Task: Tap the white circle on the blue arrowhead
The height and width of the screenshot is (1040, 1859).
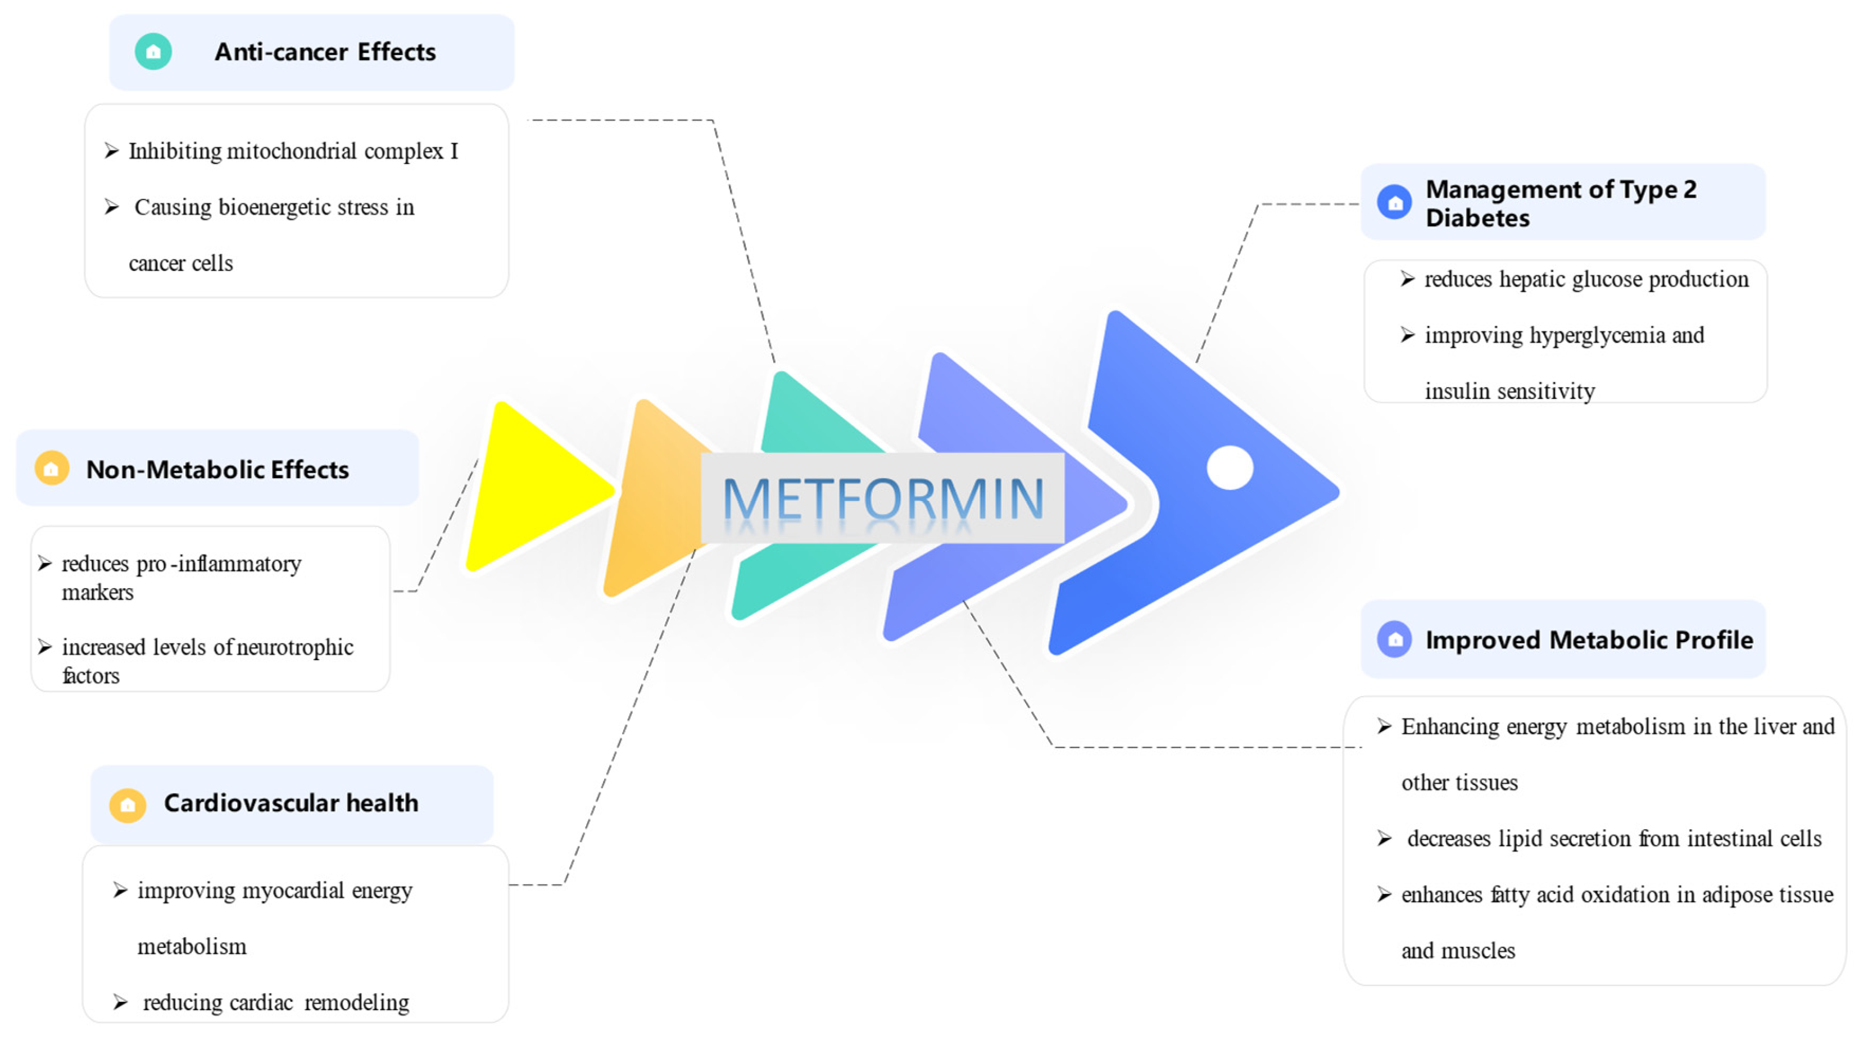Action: click(1230, 467)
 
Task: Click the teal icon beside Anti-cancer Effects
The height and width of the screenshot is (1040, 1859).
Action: click(153, 52)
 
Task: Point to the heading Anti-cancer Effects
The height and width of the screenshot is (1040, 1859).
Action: click(325, 52)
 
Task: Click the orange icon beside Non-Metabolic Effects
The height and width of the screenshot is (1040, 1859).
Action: click(51, 469)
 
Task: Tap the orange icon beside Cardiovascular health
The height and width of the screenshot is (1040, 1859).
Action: click(128, 805)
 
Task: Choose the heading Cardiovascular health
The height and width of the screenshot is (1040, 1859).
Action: click(291, 802)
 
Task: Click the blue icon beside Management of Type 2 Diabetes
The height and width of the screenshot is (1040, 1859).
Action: click(1394, 203)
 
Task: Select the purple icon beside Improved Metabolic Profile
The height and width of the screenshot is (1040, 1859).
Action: click(1394, 639)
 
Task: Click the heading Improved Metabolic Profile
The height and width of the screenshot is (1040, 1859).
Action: click(1589, 640)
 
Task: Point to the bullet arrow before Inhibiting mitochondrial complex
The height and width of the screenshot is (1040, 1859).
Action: click(111, 150)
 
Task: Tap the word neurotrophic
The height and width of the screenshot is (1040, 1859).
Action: click(295, 647)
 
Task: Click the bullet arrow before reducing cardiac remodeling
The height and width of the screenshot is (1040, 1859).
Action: click(120, 1002)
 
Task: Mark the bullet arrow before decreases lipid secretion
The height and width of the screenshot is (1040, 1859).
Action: click(1384, 839)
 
